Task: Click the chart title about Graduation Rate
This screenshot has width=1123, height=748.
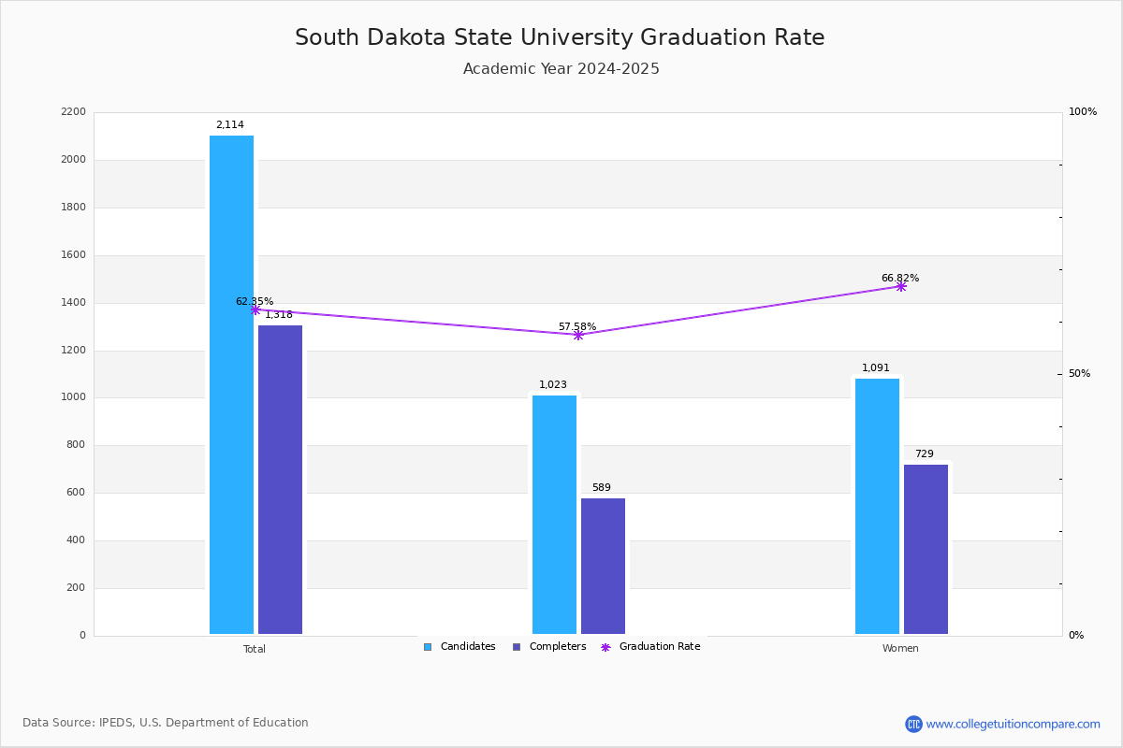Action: point(560,38)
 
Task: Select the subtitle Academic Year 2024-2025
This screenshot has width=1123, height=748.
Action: point(561,69)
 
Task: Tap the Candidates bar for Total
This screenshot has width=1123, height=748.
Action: point(231,384)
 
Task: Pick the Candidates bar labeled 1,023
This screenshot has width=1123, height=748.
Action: point(554,514)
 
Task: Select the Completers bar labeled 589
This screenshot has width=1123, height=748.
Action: point(603,566)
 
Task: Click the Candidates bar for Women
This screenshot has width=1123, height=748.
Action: point(877,506)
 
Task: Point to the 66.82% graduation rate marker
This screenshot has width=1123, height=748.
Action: point(900,286)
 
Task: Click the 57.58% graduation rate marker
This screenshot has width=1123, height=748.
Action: point(577,335)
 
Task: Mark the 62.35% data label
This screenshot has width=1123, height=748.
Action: point(255,302)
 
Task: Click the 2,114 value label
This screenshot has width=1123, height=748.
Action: point(229,125)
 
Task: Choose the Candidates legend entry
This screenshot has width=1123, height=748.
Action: point(459,647)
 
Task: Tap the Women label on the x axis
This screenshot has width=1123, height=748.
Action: point(900,649)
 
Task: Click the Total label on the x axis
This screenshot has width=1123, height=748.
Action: point(255,649)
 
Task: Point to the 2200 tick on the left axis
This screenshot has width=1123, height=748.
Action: point(73,112)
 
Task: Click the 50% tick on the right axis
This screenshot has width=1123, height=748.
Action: point(1079,374)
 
